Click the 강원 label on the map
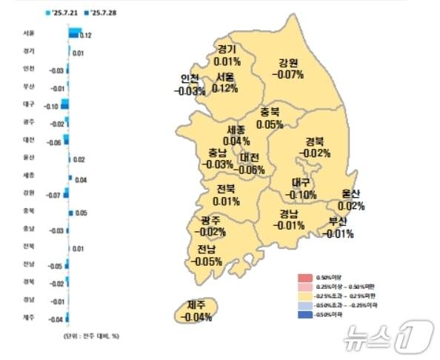(289, 63)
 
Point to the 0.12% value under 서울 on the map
(224, 88)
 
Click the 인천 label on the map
(190, 79)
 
